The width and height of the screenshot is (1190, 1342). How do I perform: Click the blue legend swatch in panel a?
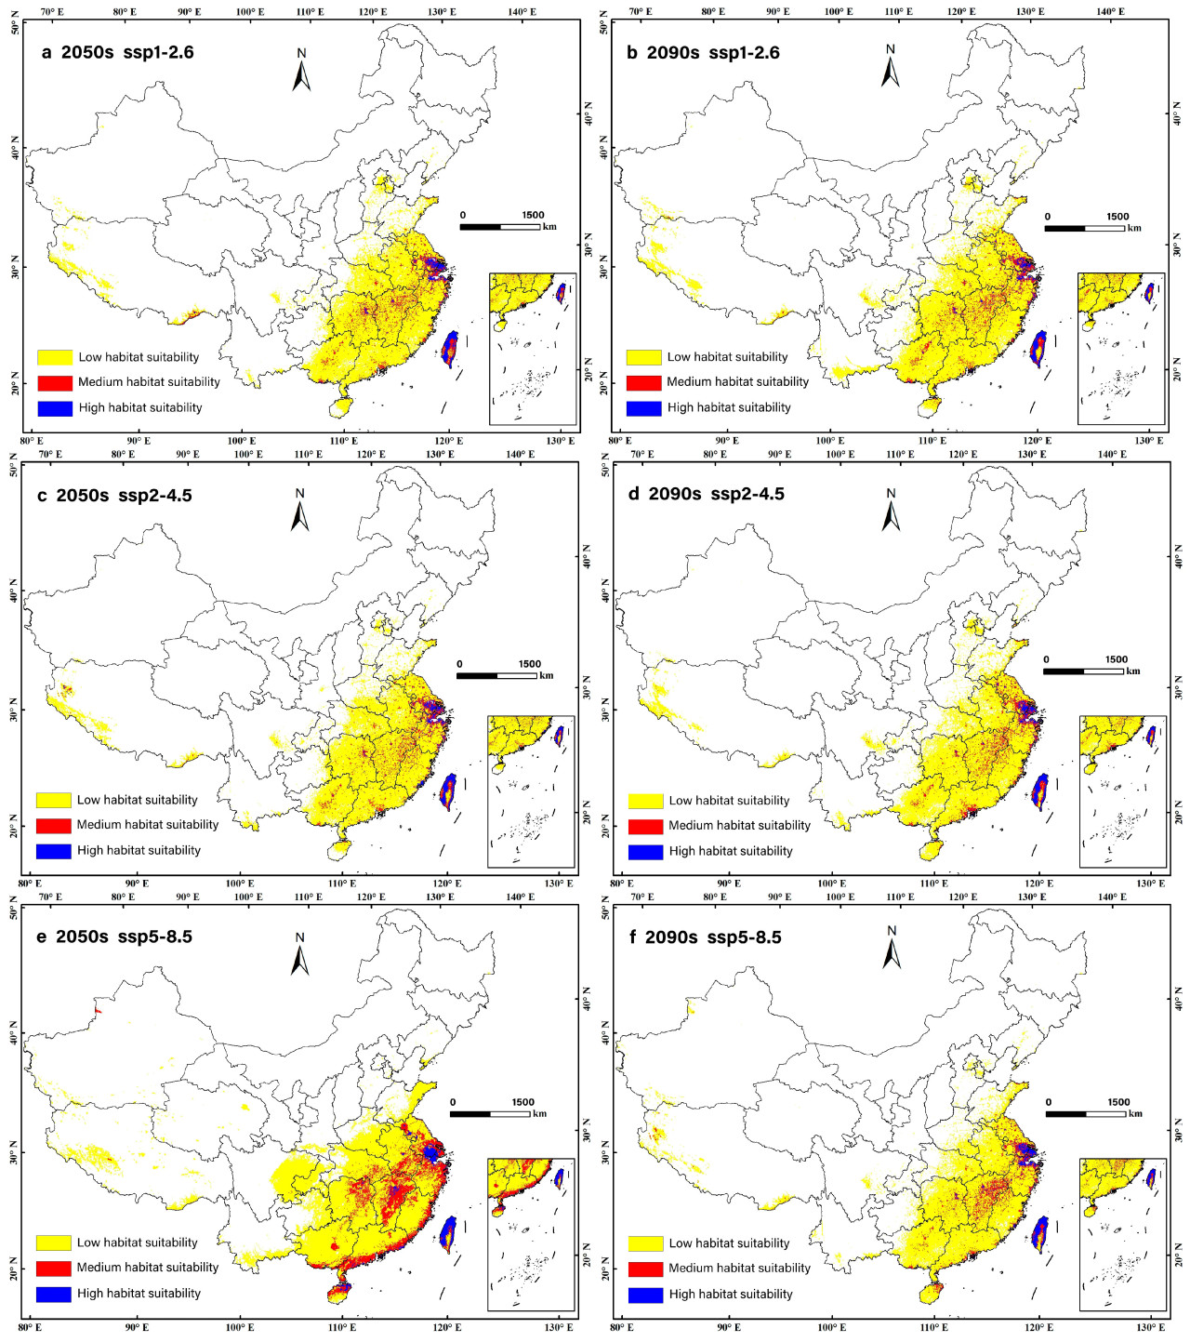(55, 408)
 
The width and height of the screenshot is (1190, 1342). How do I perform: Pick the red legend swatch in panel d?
(645, 826)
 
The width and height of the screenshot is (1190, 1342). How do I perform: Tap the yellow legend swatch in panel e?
(54, 1242)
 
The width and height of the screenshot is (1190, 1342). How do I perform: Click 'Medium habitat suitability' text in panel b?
(737, 382)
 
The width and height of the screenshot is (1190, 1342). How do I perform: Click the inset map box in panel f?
(1122, 1234)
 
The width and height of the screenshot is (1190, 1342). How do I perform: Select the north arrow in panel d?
(892, 513)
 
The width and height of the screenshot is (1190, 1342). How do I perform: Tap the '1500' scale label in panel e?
(522, 1102)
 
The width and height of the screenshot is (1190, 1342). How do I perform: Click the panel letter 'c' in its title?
(42, 496)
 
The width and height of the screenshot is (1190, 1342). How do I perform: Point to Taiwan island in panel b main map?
(1038, 349)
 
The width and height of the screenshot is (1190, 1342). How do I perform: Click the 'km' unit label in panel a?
(549, 227)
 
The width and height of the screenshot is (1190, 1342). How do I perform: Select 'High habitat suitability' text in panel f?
(730, 1295)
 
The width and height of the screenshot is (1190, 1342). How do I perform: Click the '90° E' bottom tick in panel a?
(138, 441)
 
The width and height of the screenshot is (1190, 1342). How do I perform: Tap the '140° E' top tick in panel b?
(1109, 12)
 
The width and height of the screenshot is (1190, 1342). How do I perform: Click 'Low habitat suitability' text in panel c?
(137, 800)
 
